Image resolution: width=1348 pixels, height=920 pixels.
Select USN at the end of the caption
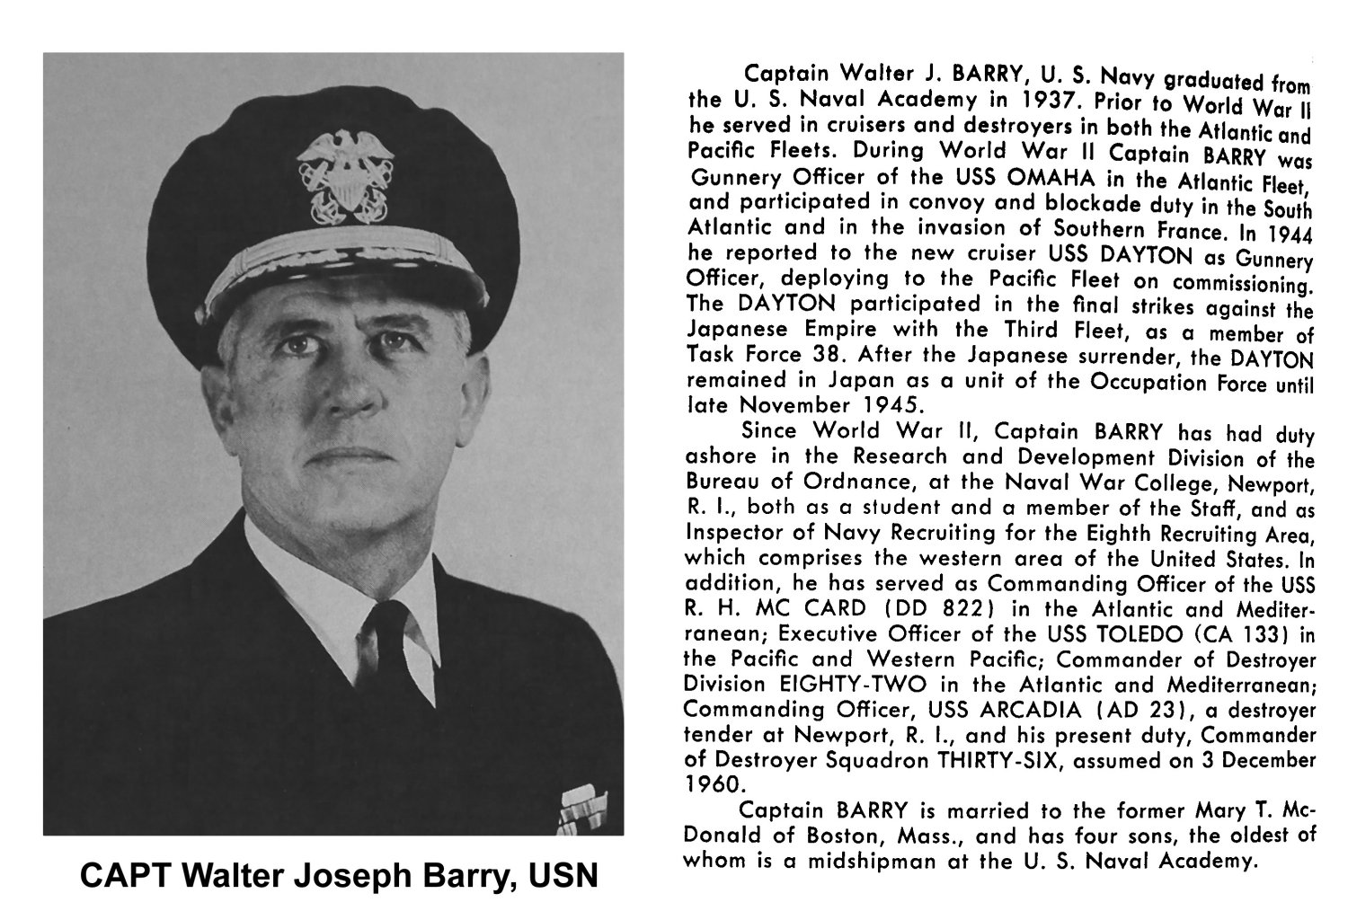coord(563,876)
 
